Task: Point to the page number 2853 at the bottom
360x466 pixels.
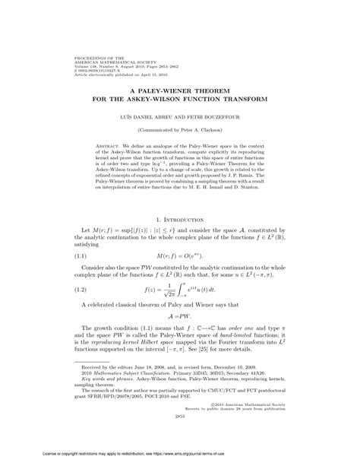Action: click(x=180, y=440)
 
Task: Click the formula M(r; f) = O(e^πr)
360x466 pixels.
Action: click(x=180, y=258)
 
